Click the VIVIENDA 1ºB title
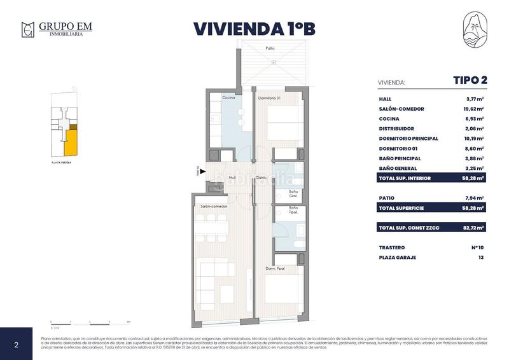tap(254, 29)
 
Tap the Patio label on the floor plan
tap(270, 48)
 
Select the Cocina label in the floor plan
tap(228, 98)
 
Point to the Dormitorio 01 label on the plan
tap(269, 98)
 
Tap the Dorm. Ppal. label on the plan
tap(275, 269)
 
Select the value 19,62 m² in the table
tap(474, 109)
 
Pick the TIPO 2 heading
tap(470, 80)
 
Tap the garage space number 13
tap(480, 258)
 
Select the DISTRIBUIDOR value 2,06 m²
tap(475, 128)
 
